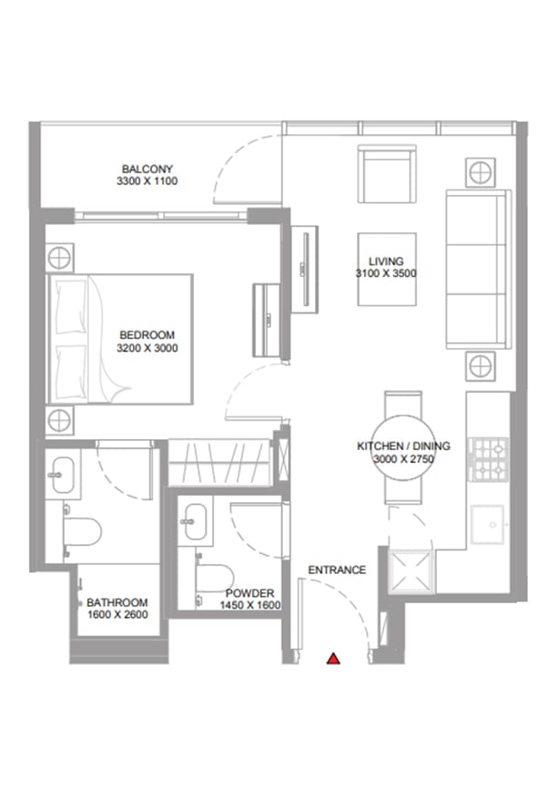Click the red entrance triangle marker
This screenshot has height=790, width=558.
[x=333, y=659]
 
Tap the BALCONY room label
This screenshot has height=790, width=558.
[x=147, y=169]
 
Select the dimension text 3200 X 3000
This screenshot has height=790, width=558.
[x=147, y=348]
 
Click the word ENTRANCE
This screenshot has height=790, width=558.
[x=337, y=569]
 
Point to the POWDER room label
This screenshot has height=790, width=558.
[x=249, y=593]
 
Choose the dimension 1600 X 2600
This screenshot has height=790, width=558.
[x=117, y=614]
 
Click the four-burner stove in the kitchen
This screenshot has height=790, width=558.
[x=489, y=459]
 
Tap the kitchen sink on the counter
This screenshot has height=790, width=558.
[x=487, y=525]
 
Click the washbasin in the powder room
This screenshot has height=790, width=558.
[x=195, y=521]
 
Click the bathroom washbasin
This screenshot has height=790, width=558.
[x=63, y=475]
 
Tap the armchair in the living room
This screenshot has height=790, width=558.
[x=387, y=174]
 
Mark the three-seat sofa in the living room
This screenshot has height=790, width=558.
[x=479, y=269]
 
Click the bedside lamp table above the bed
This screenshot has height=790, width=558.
[x=59, y=258]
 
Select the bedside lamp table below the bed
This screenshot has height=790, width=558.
[x=59, y=420]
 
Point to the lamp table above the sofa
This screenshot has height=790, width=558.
[x=480, y=173]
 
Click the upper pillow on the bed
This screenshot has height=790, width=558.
[x=71, y=307]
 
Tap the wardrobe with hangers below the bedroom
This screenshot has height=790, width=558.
[x=220, y=463]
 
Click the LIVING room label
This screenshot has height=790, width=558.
[x=386, y=262]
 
